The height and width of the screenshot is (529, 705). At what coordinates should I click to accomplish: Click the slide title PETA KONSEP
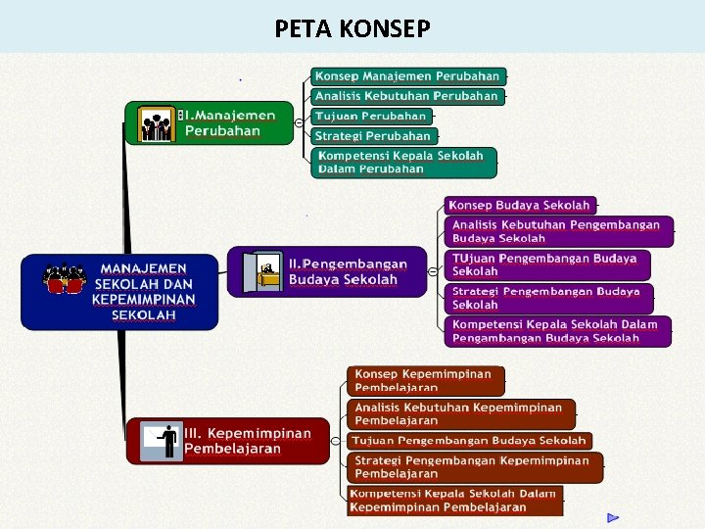[352, 28]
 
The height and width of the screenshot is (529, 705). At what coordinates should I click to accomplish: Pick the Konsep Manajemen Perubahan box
[407, 76]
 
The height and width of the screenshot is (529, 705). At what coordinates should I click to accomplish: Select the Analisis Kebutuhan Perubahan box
[407, 96]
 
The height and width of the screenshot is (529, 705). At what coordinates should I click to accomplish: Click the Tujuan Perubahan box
[371, 117]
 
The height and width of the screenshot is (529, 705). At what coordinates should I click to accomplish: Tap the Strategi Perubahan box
[373, 136]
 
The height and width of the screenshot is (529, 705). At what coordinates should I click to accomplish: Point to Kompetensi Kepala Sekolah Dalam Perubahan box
[400, 162]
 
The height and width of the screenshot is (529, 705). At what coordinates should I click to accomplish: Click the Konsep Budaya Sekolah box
[519, 205]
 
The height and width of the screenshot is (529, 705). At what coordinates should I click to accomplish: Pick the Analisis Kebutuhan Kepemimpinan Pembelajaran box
[459, 413]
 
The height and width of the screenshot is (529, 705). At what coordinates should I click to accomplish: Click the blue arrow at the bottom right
[613, 517]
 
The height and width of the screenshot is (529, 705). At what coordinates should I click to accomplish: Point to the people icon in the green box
[156, 124]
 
